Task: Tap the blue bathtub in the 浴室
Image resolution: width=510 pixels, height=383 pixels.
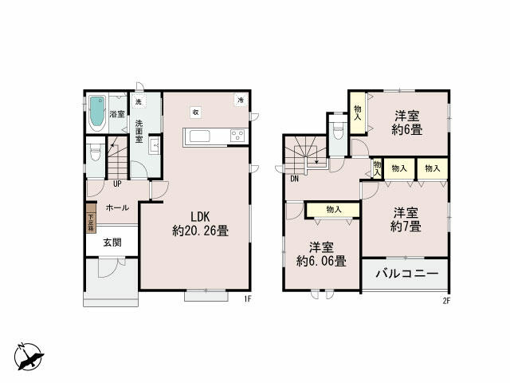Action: [97, 113]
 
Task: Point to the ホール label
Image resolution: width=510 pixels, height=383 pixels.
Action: [117, 207]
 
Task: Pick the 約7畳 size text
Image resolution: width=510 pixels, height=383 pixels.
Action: [406, 227]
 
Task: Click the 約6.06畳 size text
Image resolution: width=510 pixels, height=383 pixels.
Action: [320, 260]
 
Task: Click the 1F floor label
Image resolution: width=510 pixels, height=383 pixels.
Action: [247, 300]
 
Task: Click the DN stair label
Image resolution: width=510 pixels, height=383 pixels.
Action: [294, 179]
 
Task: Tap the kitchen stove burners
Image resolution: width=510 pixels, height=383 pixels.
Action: [239, 136]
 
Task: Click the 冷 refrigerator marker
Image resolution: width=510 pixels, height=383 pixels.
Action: [240, 100]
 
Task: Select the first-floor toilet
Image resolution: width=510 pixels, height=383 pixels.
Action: [95, 152]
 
